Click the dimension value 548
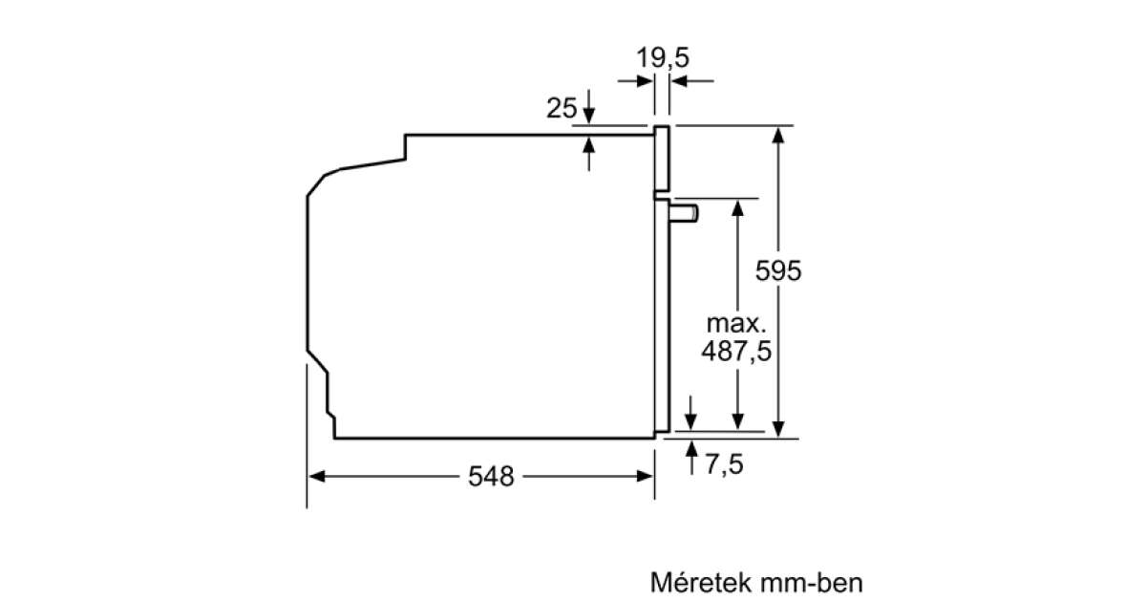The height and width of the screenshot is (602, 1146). tap(490, 476)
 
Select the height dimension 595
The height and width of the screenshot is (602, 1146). tap(778, 270)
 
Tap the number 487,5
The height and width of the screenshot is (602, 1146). tap(736, 352)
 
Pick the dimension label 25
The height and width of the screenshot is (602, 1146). tap(562, 109)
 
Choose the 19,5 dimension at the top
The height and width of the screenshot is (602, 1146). tap(663, 57)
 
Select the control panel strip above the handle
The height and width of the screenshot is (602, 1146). tap(661, 157)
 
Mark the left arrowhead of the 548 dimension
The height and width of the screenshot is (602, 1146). tap(316, 476)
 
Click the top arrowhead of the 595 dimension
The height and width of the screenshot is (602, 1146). tap(780, 134)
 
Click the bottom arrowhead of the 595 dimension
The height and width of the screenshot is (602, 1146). tap(780, 429)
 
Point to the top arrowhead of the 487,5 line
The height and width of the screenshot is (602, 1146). tap(737, 206)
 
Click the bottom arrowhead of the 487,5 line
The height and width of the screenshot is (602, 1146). tap(737, 421)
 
